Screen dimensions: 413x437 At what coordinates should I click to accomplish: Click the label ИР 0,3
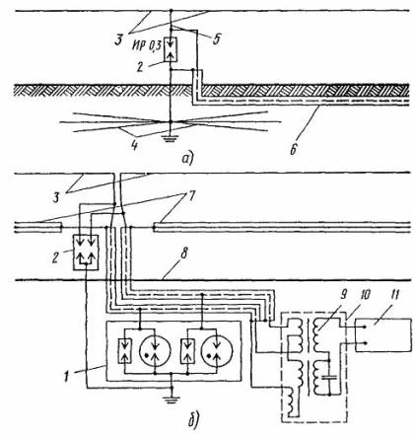pyautogui.click(x=147, y=46)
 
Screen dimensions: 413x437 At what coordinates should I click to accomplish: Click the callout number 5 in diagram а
pyautogui.click(x=215, y=38)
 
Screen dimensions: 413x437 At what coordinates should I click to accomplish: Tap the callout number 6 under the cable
pyautogui.click(x=294, y=149)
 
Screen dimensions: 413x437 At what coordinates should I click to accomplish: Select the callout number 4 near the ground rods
pyautogui.click(x=134, y=145)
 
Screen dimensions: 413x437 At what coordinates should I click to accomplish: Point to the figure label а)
pyautogui.click(x=187, y=159)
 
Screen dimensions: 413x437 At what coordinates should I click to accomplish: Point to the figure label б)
pyautogui.click(x=193, y=422)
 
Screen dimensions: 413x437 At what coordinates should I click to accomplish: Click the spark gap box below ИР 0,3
pyautogui.click(x=171, y=49)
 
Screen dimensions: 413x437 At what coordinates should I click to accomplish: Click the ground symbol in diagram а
pyautogui.click(x=171, y=138)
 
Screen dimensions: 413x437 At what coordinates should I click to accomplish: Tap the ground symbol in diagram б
pyautogui.click(x=172, y=399)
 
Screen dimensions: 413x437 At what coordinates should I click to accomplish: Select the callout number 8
pyautogui.click(x=183, y=255)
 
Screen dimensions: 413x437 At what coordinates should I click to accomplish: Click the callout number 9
pyautogui.click(x=343, y=294)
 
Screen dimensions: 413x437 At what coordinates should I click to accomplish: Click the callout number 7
pyautogui.click(x=191, y=196)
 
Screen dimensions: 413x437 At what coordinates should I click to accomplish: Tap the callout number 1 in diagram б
pyautogui.click(x=66, y=376)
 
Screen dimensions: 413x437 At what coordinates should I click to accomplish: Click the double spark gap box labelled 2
pyautogui.click(x=86, y=253)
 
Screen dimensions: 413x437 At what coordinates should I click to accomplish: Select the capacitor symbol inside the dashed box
pyautogui.click(x=329, y=377)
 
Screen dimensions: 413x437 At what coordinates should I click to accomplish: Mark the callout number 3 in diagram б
pyautogui.click(x=56, y=198)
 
